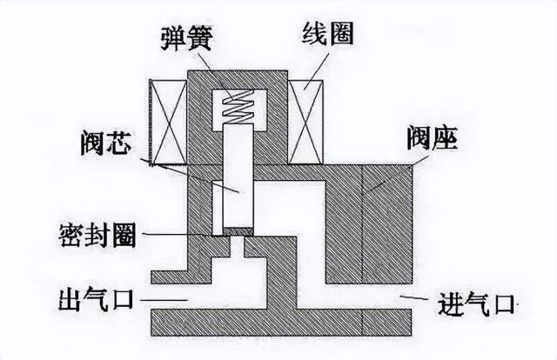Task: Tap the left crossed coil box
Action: pyautogui.click(x=169, y=121)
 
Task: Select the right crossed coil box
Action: pyautogui.click(x=306, y=121)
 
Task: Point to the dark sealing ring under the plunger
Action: pyautogui.click(x=238, y=232)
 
